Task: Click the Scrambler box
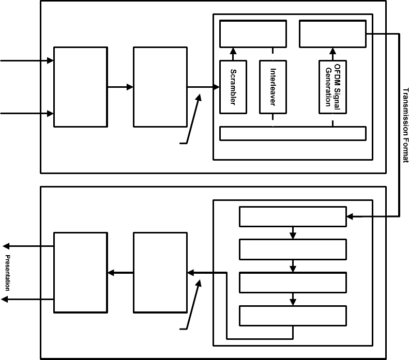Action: click(232, 87)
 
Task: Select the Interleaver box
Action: click(272, 87)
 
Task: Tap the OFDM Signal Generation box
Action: click(332, 87)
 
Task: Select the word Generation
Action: click(328, 87)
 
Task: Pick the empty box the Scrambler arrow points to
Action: click(253, 34)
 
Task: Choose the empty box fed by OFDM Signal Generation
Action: click(332, 34)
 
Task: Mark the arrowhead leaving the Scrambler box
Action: click(232, 51)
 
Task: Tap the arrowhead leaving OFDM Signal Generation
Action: click(332, 51)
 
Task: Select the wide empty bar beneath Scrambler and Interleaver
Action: click(293, 133)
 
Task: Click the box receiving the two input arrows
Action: click(81, 87)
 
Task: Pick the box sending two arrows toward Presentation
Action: click(81, 272)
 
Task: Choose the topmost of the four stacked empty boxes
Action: click(292, 216)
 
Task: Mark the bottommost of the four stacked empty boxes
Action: click(292, 315)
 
